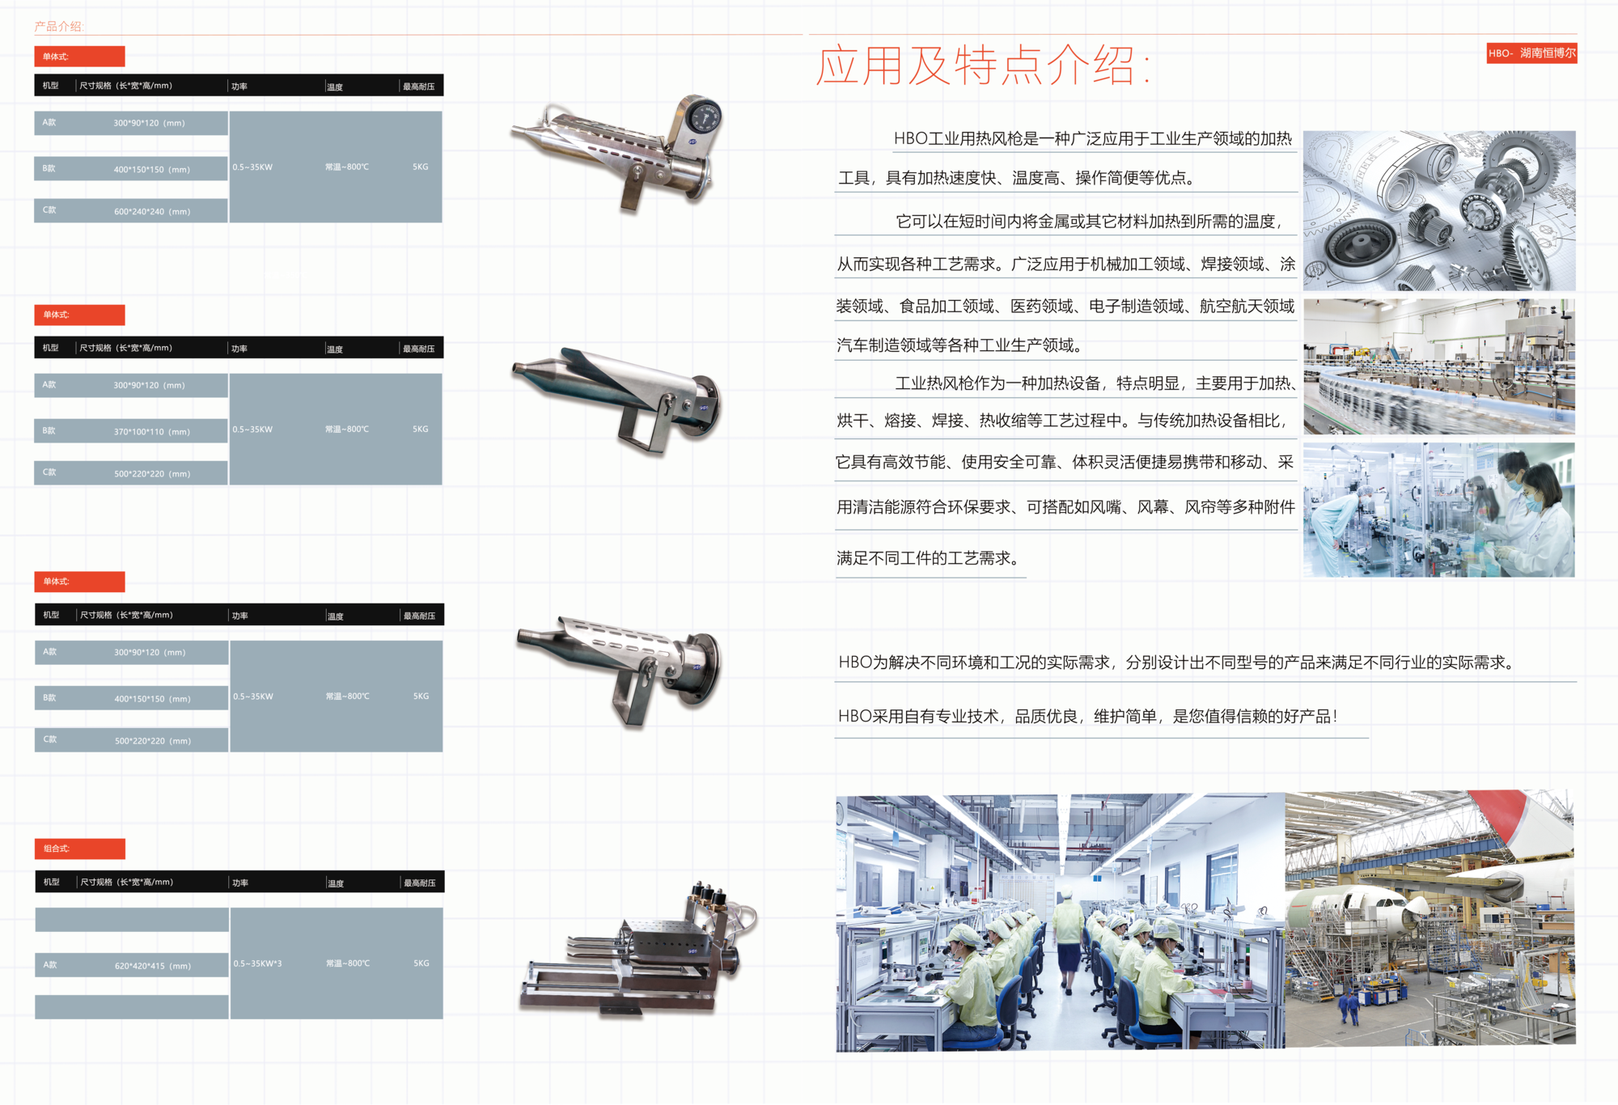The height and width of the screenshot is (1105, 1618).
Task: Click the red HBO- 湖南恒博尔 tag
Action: [x=1531, y=53]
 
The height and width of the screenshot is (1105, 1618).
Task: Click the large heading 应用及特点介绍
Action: [x=982, y=66]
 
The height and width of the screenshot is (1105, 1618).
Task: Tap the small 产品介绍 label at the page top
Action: [x=58, y=27]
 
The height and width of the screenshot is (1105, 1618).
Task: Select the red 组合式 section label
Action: [x=79, y=849]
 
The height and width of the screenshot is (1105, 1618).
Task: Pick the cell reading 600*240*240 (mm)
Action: [x=152, y=211]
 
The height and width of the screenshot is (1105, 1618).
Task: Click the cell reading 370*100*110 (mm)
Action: [x=152, y=431]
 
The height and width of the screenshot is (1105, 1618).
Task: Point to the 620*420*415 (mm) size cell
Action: [x=153, y=965]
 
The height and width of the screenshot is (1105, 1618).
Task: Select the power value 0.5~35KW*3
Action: [x=258, y=963]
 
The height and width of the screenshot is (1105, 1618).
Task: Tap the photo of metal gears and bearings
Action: [x=1438, y=210]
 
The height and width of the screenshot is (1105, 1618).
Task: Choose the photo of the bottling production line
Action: [x=1438, y=366]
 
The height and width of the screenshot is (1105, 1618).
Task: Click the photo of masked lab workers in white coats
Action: [x=1438, y=510]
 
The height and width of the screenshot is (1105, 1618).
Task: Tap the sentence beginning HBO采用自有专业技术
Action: [x=1088, y=716]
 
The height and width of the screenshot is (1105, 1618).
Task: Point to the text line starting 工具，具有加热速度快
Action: [x=1017, y=178]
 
